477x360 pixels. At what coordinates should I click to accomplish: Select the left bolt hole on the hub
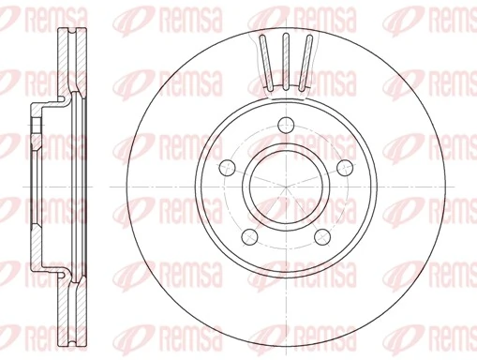click(x=226, y=167)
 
